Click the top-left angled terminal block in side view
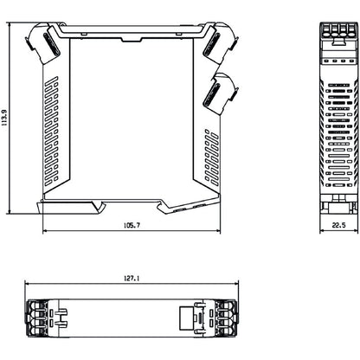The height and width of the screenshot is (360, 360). [45, 44]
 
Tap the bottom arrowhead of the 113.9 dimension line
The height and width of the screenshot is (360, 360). [10, 213]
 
